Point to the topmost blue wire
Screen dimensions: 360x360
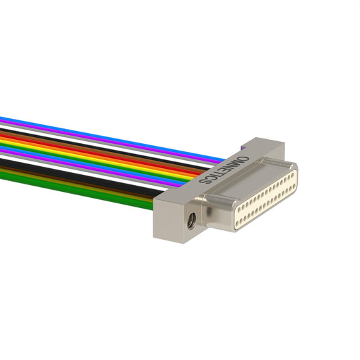[x=113, y=138]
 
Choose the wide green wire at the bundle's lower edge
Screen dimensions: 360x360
[x=76, y=191]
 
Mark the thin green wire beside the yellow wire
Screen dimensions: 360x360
[x=94, y=163]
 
